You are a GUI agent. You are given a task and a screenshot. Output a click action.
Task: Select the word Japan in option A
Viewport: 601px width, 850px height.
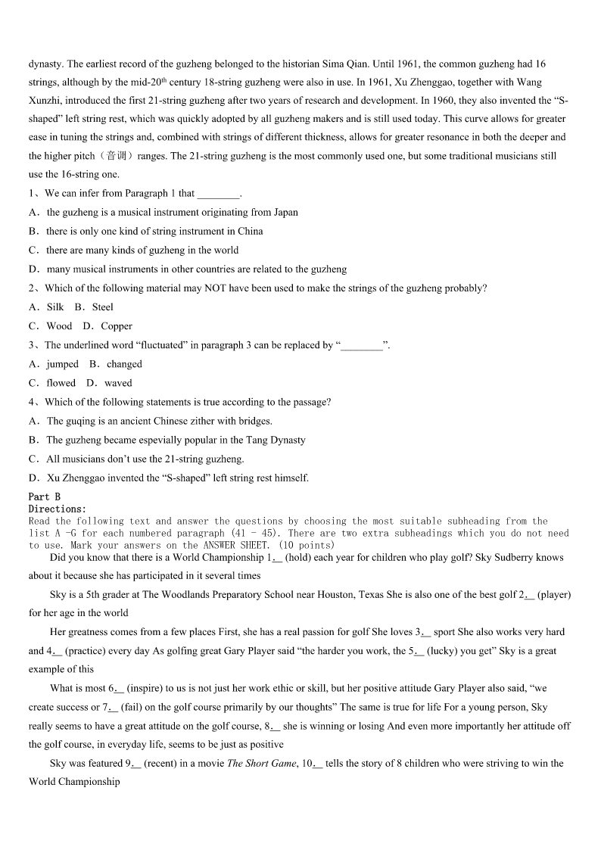tap(285, 213)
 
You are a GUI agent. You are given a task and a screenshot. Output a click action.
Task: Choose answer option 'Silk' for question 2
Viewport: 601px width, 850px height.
tap(55, 307)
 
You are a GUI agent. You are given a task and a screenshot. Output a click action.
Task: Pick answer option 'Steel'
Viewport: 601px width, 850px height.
tap(103, 307)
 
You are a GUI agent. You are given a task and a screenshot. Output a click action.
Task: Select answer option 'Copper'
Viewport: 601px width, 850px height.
tap(117, 326)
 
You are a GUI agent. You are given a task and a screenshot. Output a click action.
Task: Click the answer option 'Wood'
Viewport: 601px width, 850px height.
tap(59, 326)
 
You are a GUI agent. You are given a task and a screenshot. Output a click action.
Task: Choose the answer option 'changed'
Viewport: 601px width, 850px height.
tap(124, 364)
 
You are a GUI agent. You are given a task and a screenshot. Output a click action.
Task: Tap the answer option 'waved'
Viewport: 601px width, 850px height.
tap(118, 383)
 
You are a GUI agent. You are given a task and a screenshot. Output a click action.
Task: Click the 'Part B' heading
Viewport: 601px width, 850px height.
tap(44, 497)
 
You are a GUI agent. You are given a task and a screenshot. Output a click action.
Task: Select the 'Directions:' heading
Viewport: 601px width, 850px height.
tap(58, 509)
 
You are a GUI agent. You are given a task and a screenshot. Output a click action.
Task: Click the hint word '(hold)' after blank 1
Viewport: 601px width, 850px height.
tap(300, 558)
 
